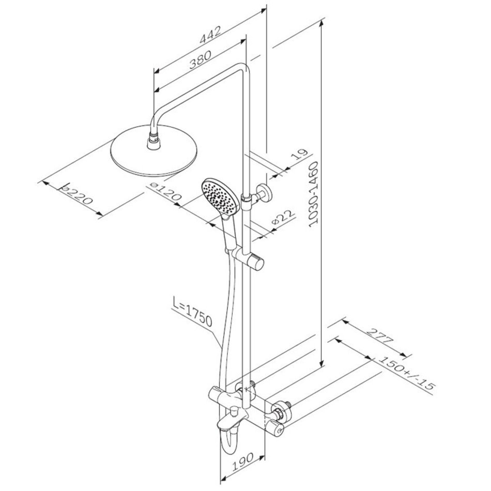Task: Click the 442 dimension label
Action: tap(211, 34)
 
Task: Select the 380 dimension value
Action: tap(200, 59)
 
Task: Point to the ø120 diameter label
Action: tap(166, 192)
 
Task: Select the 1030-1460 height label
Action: tap(313, 194)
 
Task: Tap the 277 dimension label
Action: tap(379, 335)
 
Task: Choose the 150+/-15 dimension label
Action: tap(406, 373)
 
